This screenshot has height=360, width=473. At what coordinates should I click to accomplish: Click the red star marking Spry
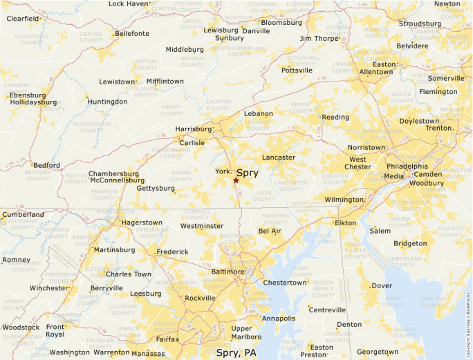(236, 180)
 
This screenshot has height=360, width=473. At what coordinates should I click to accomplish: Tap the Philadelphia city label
(407, 167)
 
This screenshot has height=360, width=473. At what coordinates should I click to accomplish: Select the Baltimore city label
(228, 272)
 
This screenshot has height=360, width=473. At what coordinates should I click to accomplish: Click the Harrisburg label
(193, 129)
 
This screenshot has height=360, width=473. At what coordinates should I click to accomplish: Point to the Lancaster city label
(279, 158)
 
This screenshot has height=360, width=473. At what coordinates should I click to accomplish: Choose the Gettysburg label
(156, 188)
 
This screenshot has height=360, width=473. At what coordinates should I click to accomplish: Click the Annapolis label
(279, 319)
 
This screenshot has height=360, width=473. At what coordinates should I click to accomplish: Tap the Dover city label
(382, 285)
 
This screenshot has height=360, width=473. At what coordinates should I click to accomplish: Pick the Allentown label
(376, 72)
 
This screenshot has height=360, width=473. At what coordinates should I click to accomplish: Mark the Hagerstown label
(142, 223)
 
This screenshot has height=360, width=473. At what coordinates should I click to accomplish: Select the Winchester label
(49, 288)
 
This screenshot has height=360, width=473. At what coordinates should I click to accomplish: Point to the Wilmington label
(344, 200)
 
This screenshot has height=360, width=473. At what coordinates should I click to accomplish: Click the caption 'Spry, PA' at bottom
(236, 353)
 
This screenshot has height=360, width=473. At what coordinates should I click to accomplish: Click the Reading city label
(335, 117)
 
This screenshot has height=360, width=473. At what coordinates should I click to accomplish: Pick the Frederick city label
(172, 252)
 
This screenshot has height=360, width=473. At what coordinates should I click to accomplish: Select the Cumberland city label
(23, 215)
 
